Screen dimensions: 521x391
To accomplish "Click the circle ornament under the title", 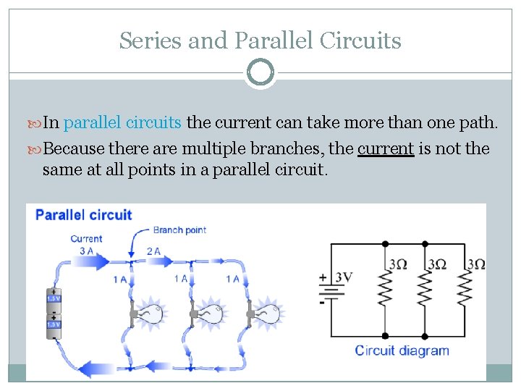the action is (260, 73).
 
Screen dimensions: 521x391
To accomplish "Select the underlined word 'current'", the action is (386, 148).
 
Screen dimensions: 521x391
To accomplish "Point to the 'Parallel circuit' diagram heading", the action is (84, 215).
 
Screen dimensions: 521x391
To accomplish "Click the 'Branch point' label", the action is (179, 230).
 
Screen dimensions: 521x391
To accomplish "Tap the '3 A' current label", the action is (86, 251).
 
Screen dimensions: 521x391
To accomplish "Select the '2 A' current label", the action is (153, 251).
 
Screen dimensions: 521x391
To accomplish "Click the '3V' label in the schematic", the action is (344, 277).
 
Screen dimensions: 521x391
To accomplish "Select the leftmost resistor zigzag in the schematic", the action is (385, 290).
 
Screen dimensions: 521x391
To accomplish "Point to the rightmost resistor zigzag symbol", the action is (465, 290).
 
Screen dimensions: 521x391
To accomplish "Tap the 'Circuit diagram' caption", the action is (402, 351).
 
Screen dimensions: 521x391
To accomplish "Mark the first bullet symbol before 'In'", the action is (36, 122).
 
